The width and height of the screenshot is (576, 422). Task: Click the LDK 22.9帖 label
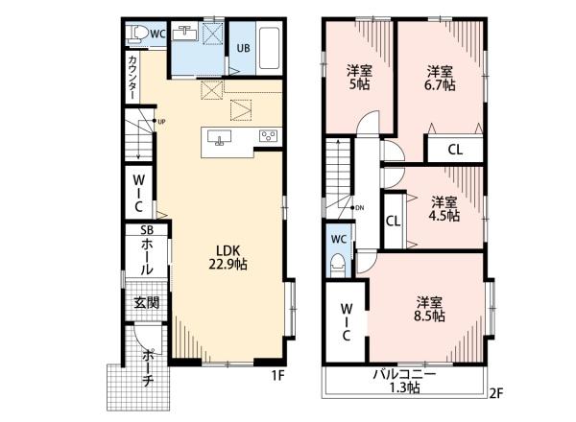click(228, 258)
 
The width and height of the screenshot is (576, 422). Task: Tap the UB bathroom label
click(243, 48)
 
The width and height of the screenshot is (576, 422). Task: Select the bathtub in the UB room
click(269, 47)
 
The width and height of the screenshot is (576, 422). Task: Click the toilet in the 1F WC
click(135, 35)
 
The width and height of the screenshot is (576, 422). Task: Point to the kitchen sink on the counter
click(219, 137)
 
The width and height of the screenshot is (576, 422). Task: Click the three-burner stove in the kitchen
click(269, 136)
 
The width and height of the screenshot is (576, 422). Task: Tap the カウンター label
click(133, 78)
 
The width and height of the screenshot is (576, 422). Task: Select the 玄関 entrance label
click(146, 303)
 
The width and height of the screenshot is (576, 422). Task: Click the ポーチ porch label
click(148, 368)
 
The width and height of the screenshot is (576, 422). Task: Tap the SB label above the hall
click(147, 230)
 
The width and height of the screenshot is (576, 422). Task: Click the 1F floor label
click(278, 375)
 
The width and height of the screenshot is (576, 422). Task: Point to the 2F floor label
click(496, 393)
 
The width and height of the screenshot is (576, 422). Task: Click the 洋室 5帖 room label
click(360, 77)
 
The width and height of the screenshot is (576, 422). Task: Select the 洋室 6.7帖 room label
click(440, 78)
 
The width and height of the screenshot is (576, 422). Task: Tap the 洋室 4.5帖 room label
click(444, 209)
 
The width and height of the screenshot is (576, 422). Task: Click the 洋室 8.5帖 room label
click(429, 310)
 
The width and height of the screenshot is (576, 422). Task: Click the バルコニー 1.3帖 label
click(404, 382)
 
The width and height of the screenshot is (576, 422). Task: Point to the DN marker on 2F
click(359, 208)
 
